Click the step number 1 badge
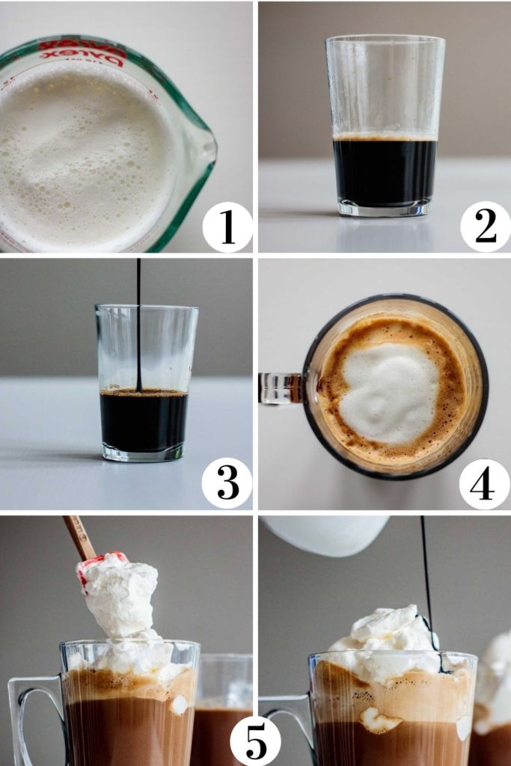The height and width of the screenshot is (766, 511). click(x=227, y=227)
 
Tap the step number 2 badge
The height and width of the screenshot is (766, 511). click(x=485, y=227)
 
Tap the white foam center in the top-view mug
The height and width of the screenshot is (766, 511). click(x=389, y=393)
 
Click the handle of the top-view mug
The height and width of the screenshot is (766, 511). click(x=280, y=388)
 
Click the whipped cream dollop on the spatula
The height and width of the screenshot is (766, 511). click(x=120, y=595)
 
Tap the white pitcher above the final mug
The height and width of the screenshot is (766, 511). click(x=325, y=533)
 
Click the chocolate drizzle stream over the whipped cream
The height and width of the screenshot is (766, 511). click(x=425, y=569)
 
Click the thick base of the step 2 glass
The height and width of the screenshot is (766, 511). click(x=385, y=207)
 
